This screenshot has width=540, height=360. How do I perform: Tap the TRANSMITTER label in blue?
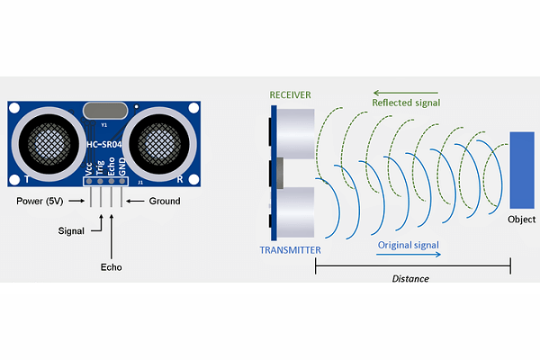pos(290,249)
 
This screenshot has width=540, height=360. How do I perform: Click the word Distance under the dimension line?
pos(410,279)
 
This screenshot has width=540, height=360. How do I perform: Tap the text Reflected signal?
pos(407,102)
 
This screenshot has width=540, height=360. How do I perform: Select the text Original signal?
pos(408,244)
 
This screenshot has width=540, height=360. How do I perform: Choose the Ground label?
pos(165,201)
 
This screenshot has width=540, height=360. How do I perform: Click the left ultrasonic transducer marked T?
pos(49,142)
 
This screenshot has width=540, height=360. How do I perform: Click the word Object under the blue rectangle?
pos(522,219)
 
